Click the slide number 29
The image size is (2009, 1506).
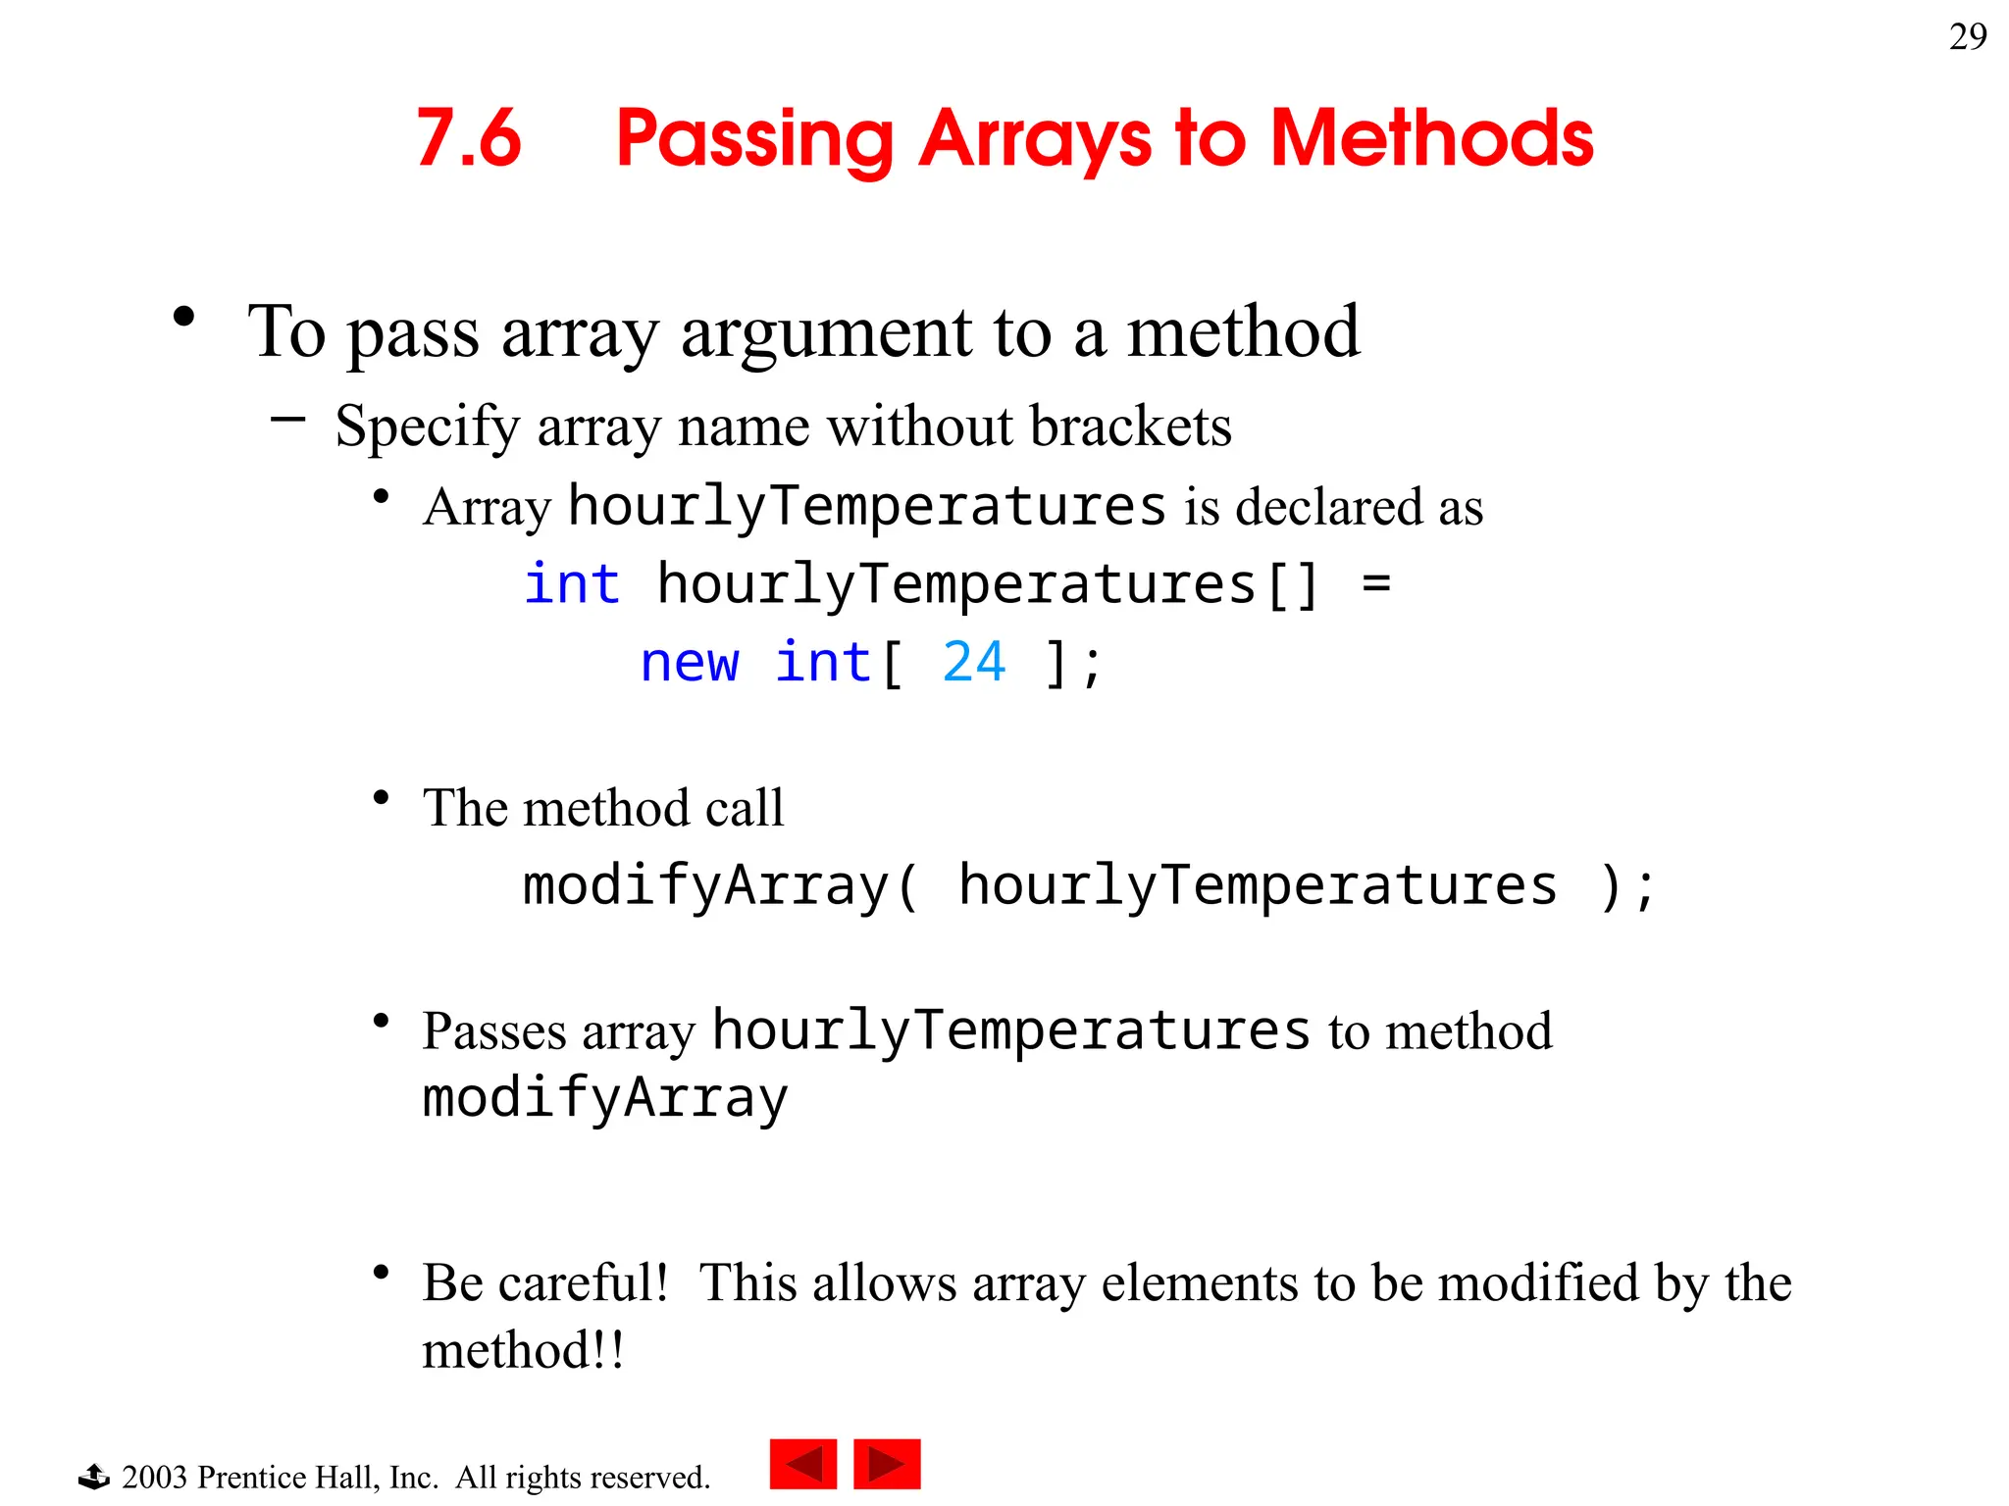[x=1967, y=37]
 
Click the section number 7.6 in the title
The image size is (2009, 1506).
[x=469, y=138]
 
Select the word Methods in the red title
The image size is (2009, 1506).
[x=1431, y=138]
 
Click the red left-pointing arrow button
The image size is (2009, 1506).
[x=802, y=1464]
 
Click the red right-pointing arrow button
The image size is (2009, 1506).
[x=887, y=1464]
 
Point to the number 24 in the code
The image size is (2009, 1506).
[x=973, y=662]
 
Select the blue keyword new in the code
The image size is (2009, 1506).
[x=689, y=662]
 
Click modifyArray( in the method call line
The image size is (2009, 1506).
[x=721, y=885]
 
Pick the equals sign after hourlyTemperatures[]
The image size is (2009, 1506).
[x=1376, y=584]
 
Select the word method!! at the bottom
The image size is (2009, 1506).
[x=522, y=1350]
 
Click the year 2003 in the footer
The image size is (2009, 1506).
[x=154, y=1477]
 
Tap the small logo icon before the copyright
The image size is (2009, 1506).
[x=93, y=1476]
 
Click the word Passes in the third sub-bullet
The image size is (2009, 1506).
[x=494, y=1032]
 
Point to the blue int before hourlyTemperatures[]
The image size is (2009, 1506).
[x=572, y=584]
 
